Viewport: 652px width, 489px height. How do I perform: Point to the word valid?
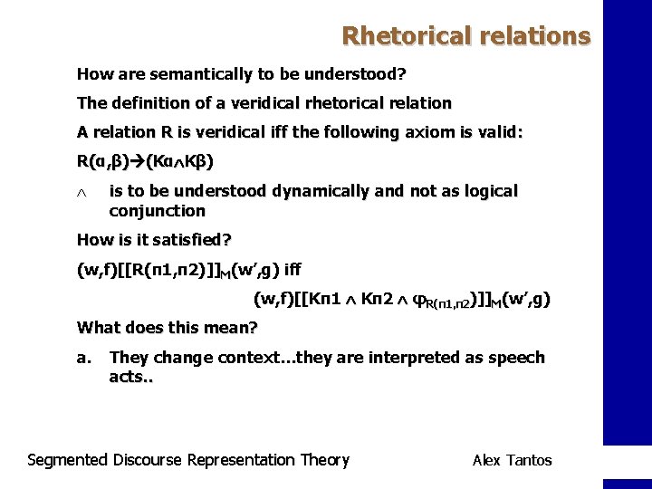496,132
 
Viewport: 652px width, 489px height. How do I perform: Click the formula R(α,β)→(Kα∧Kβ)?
146,163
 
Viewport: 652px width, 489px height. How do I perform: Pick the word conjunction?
157,211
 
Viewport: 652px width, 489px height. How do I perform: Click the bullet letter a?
83,358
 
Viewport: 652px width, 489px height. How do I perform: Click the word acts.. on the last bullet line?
131,376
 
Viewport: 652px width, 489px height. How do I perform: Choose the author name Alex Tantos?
512,460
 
